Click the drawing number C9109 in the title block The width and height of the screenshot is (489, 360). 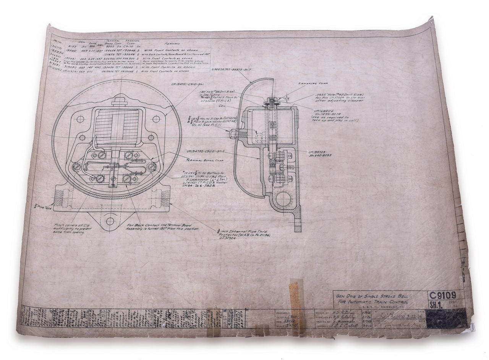click(443, 296)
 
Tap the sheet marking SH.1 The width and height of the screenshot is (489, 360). click(435, 305)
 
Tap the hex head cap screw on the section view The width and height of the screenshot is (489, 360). click(232, 134)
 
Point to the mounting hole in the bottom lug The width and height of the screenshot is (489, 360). click(110, 221)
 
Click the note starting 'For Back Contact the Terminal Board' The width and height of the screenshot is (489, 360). click(162, 227)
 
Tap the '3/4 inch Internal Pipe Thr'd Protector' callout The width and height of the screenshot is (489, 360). click(244, 234)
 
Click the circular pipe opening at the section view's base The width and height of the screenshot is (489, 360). click(283, 199)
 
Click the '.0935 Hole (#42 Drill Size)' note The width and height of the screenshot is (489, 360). click(339, 96)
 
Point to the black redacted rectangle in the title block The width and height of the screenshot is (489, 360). click(447, 318)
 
